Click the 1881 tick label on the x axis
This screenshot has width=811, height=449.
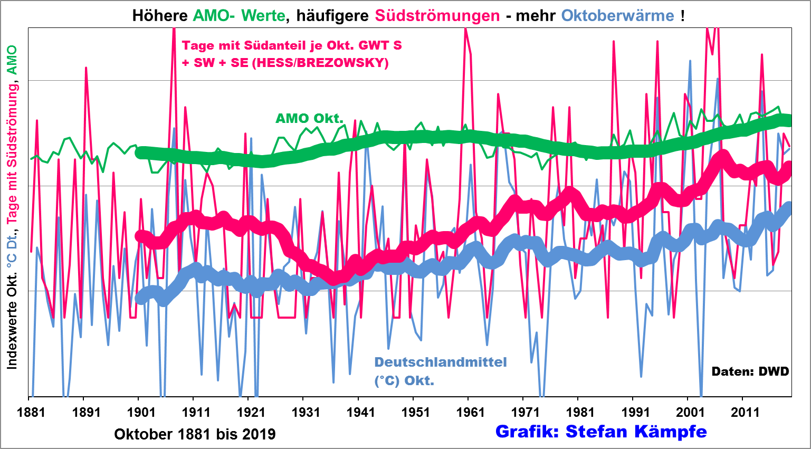pos(31,412)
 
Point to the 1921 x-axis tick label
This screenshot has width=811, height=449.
pos(251,412)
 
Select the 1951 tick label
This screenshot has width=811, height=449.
pos(415,412)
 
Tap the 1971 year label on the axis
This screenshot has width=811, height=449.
pos(525,412)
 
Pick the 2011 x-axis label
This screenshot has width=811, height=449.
pos(745,412)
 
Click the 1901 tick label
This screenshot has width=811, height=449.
pos(141,412)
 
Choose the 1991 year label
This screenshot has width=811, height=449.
pos(635,412)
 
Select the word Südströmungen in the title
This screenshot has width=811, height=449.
pos(437,15)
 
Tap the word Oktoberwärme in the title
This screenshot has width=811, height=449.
pos(617,15)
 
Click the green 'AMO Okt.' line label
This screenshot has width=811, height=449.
pos(309,118)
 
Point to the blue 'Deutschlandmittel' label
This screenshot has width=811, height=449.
pos(441,362)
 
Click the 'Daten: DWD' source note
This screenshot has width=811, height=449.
pos(750,371)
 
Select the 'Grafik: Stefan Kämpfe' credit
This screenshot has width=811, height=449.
pos(601,432)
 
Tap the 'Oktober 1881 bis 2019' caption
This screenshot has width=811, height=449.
pos(195,434)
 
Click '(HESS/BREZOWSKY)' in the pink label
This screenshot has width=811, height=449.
pos(320,63)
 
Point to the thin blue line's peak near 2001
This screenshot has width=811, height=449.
pos(690,61)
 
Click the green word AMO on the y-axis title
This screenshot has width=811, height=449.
pos(12,59)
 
